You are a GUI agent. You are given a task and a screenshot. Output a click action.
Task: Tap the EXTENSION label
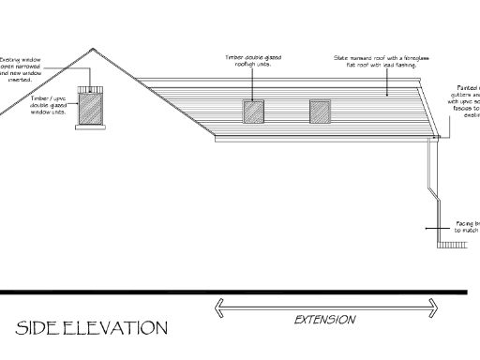point(325,320)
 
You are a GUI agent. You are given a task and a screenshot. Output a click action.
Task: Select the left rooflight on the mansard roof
point(254,112)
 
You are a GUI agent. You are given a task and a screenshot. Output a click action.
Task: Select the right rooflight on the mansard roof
point(322,112)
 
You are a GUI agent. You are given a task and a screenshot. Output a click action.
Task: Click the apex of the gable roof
point(92,49)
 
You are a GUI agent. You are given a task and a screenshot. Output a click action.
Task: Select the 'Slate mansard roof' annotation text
point(374,62)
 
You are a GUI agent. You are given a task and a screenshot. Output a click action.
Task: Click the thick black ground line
point(234,292)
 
